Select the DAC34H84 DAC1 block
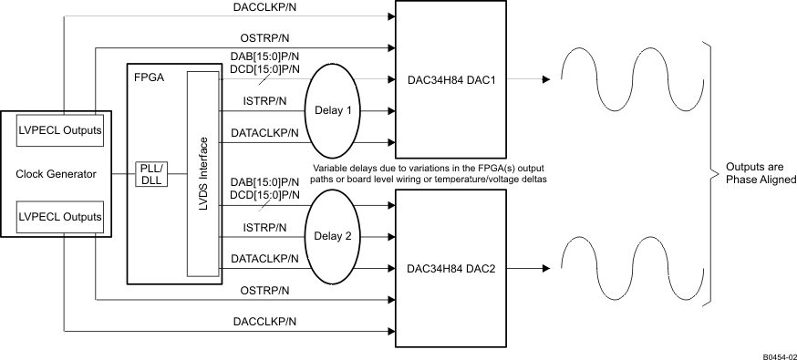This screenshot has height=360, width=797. [449, 79]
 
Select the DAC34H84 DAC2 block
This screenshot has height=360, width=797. [449, 269]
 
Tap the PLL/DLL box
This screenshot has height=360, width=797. [150, 173]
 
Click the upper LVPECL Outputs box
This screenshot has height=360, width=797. [59, 130]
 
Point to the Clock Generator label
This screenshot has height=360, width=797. [57, 173]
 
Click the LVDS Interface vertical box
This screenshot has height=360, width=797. [204, 173]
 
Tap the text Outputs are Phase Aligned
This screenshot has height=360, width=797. [761, 173]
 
